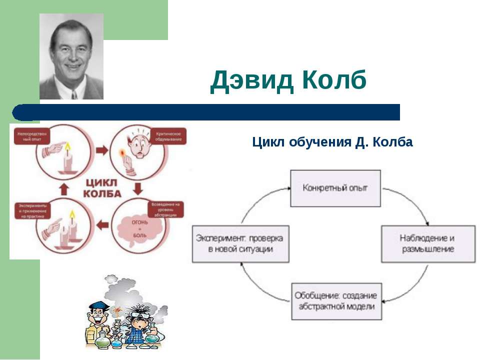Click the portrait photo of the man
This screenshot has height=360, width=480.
(71, 56)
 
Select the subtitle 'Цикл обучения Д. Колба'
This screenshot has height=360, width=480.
(332, 142)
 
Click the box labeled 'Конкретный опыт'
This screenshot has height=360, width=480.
(335, 188)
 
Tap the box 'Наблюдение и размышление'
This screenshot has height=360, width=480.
(428, 243)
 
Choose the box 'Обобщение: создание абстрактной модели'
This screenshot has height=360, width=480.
(335, 301)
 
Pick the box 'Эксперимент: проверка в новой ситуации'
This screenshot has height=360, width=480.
(241, 243)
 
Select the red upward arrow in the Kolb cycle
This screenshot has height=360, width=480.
(64, 188)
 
